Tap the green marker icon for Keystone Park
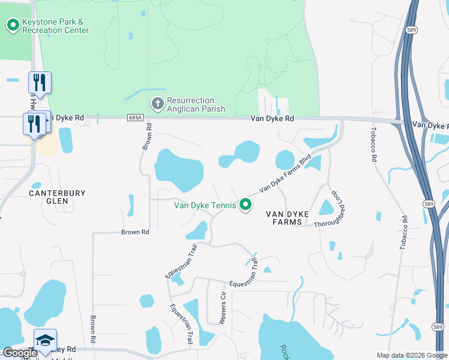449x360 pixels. click(x=12, y=25)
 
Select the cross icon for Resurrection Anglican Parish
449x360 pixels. click(x=157, y=104)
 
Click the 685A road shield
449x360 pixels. click(x=135, y=119)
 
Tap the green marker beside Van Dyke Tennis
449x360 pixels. click(x=245, y=205)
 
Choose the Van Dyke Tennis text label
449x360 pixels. click(x=205, y=205)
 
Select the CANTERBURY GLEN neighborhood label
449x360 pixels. click(x=58, y=197)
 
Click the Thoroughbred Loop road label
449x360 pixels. click(x=342, y=208)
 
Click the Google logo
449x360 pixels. click(x=20, y=353)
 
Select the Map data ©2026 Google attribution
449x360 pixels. click(x=411, y=355)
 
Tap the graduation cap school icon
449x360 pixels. click(x=45, y=340)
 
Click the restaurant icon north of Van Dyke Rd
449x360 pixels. click(x=40, y=83)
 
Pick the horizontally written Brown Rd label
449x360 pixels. click(x=134, y=232)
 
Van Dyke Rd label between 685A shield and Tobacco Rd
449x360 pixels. click(x=273, y=119)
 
